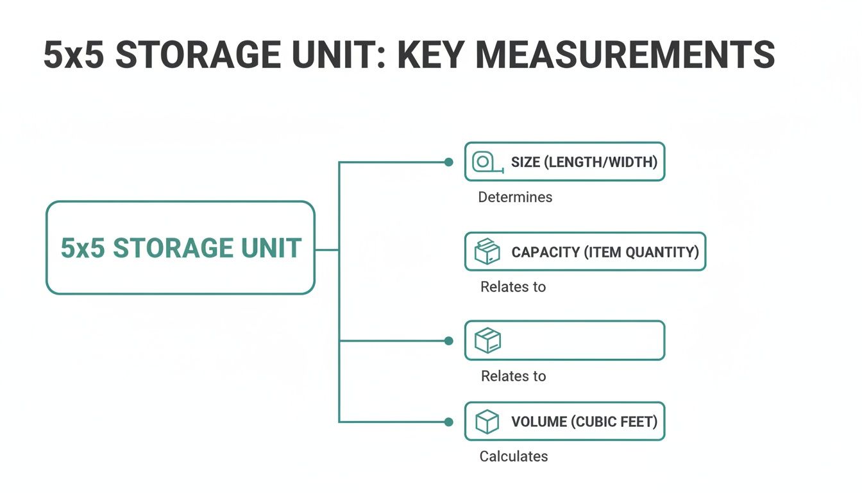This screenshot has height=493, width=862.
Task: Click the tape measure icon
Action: [x=486, y=162]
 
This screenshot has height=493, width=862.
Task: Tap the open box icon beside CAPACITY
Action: [x=487, y=252]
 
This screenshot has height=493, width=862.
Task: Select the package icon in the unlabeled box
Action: [x=487, y=340]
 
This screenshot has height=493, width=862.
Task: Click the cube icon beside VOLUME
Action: [x=487, y=422]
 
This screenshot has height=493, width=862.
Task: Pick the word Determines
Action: [x=515, y=197]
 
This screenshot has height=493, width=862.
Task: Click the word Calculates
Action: [x=514, y=456]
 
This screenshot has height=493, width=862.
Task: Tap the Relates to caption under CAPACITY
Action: [x=513, y=287]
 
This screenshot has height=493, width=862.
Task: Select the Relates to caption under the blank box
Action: [x=513, y=376]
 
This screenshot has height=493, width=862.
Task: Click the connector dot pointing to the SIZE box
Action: [x=449, y=162]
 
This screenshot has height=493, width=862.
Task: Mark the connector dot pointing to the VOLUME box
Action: [x=449, y=422]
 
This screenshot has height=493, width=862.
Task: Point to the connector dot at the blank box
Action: [x=449, y=341]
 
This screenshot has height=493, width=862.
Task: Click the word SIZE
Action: [x=525, y=162]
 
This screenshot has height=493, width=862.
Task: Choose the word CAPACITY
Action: [x=545, y=252]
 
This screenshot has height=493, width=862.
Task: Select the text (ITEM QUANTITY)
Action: [x=641, y=252]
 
